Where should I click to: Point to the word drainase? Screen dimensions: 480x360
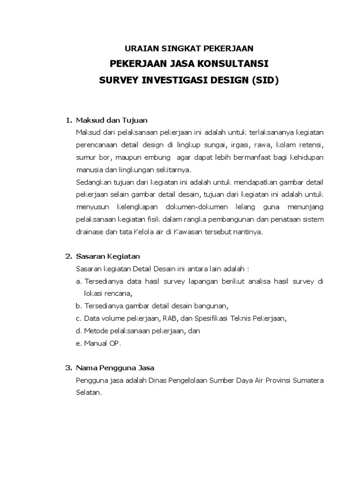pos(89,232)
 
